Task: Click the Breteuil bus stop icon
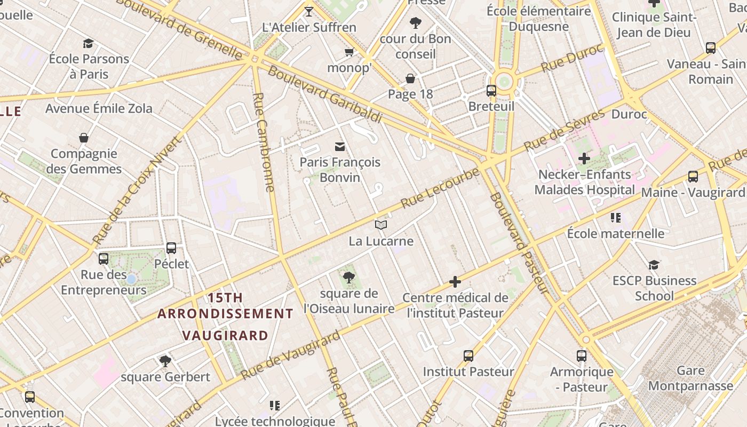pos(491,91)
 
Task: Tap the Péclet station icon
pos(171,248)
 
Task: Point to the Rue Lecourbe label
pos(440,188)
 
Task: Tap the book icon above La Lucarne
pos(380,225)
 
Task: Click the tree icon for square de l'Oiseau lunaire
pos(349,278)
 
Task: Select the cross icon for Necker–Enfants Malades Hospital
pos(584,159)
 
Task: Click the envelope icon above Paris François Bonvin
pos(340,147)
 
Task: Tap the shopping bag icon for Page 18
pos(410,79)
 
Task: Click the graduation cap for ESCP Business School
pos(654,265)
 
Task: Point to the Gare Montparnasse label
pos(690,378)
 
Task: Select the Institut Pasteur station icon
pos(468,355)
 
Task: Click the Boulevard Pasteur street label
pos(519,243)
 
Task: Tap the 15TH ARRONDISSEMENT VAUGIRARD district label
pos(225,316)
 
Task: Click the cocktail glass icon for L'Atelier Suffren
pos(309,11)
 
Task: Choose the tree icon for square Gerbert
pos(165,361)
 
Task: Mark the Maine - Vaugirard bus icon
pos(693,177)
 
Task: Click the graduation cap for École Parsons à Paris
pos(88,44)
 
